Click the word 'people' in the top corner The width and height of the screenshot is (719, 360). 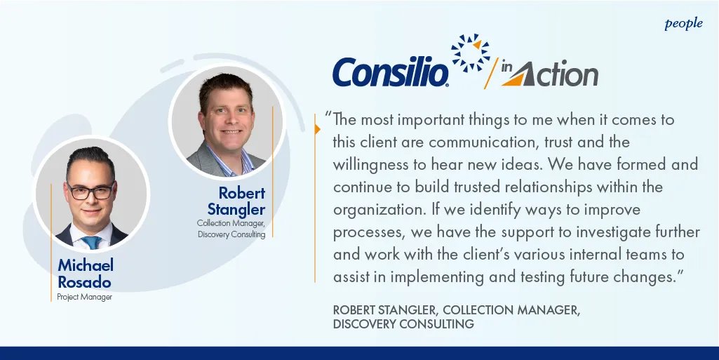tap(683, 23)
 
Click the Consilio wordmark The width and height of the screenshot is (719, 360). tap(391, 72)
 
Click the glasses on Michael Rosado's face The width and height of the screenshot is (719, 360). tap(90, 191)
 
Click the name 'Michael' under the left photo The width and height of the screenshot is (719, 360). tap(86, 265)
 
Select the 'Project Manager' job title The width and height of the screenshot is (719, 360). tap(84, 297)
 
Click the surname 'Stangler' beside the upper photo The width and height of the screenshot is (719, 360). tap(236, 209)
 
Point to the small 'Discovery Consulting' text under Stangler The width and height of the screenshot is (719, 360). tap(231, 234)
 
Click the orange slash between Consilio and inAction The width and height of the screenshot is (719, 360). tap(492, 73)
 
